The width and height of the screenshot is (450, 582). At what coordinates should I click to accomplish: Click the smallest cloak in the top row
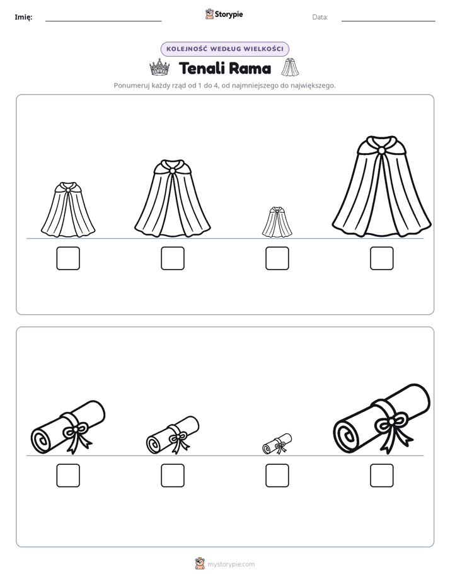point(277,222)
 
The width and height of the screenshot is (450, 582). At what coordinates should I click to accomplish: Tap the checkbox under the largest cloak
point(382,258)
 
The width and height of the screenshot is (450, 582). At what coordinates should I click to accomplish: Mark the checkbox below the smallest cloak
point(277,258)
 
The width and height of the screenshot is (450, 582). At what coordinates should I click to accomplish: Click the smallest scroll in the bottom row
point(277,443)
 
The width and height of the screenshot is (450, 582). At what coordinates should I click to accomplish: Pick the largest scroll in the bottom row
point(382,419)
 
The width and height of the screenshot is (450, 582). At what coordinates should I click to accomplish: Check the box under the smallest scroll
point(277,476)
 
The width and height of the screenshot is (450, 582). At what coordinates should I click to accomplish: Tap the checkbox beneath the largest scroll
point(382,476)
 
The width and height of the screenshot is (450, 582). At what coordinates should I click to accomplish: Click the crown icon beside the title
point(159,67)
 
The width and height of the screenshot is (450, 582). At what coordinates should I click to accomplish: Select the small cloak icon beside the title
point(290,67)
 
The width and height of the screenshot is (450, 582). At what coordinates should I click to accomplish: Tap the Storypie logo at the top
point(224,14)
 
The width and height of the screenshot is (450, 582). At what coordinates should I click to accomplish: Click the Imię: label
point(23,17)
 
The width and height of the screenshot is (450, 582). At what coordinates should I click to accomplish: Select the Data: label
point(320,17)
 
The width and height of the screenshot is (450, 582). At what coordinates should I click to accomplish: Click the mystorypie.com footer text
point(231,564)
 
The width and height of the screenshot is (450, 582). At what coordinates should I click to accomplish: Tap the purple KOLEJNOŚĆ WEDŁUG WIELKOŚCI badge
point(224,49)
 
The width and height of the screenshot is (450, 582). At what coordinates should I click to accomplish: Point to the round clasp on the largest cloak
point(381,151)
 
